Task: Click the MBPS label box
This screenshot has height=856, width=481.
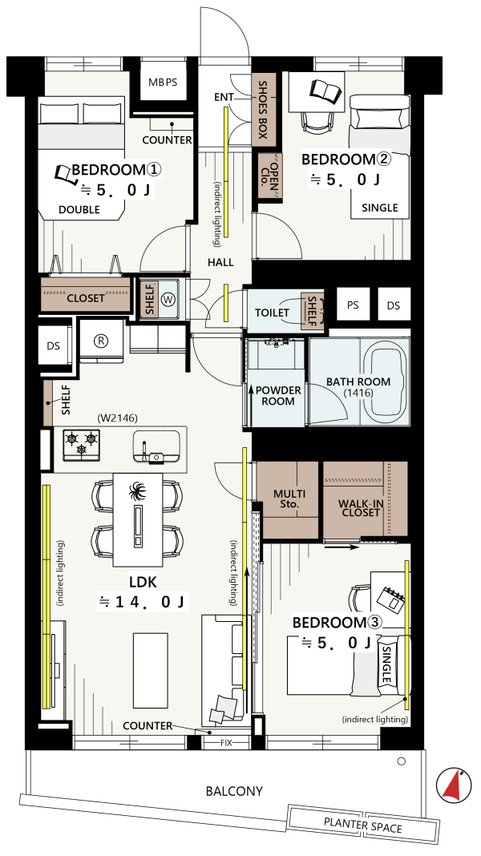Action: [164, 83]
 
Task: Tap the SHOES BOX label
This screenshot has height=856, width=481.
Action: [263, 109]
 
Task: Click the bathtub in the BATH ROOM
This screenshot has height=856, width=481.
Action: [386, 382]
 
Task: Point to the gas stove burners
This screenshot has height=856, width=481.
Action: [82, 442]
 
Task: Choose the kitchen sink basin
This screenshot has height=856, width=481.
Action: [156, 446]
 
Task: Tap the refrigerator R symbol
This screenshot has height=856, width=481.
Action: [100, 340]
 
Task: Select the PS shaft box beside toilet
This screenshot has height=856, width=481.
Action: [353, 305]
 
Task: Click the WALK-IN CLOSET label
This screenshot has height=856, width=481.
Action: [359, 507]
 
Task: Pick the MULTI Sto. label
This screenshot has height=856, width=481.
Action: [289, 499]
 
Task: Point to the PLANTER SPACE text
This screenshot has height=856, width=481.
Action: [362, 826]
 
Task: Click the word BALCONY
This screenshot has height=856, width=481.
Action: [234, 790]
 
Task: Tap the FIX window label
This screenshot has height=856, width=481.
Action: [227, 743]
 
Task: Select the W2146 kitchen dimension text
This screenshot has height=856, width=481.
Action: [117, 418]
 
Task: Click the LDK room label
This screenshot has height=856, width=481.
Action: [143, 583]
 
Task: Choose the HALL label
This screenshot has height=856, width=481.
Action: [220, 263]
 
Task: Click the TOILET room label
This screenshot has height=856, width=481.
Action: [272, 313]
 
